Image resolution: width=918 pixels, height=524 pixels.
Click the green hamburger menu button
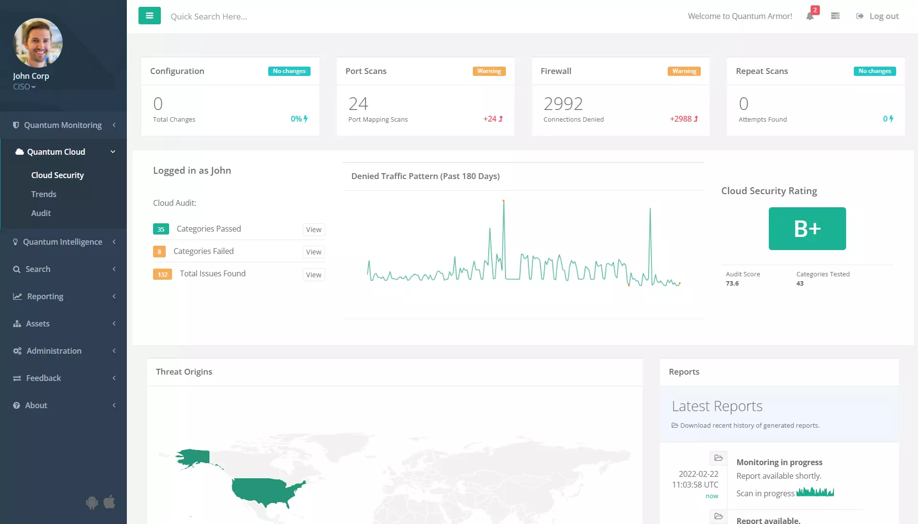pos(149,16)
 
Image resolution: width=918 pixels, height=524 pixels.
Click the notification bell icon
pos(810,17)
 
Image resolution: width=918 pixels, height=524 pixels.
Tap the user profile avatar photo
pos(38,43)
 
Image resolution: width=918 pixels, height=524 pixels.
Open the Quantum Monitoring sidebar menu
pos(63,125)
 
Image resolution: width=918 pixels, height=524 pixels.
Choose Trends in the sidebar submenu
pos(44,194)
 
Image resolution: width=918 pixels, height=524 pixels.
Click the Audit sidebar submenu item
pos(41,213)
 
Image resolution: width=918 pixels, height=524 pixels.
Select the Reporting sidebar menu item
pos(45,296)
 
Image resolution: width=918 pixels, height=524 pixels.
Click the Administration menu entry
pos(54,351)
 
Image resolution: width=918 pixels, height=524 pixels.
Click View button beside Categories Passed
pos(313,230)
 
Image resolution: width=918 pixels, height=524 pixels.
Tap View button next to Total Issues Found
pos(313,275)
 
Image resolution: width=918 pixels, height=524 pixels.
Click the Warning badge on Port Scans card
pos(489,71)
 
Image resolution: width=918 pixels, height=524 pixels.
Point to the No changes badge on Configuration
pos(289,71)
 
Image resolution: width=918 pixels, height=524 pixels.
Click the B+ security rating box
pos(807,229)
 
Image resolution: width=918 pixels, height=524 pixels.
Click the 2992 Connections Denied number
pos(563,104)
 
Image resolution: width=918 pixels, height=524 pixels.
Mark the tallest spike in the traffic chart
pos(503,201)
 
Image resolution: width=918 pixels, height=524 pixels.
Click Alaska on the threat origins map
pos(194,457)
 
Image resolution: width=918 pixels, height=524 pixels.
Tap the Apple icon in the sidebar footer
pos(109,502)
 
